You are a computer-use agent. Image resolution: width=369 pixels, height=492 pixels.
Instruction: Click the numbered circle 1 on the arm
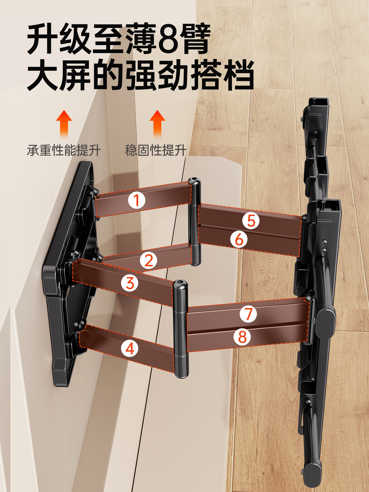point(137,200)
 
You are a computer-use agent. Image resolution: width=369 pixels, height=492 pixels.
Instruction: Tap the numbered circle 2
point(149,261)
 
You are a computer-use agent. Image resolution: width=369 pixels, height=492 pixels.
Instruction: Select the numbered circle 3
point(130,283)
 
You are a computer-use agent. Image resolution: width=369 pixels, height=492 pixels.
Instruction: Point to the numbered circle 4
point(130,348)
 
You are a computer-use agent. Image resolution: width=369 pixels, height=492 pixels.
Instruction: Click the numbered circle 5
point(251,221)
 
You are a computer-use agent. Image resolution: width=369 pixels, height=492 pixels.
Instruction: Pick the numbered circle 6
point(239,239)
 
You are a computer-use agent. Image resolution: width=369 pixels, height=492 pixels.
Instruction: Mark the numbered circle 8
point(242,337)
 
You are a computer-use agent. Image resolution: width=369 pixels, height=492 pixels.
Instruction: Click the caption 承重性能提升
point(64,150)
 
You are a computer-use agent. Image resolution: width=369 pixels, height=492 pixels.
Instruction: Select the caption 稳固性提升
point(156,150)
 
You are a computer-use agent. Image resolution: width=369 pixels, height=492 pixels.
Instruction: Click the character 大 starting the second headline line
point(43,75)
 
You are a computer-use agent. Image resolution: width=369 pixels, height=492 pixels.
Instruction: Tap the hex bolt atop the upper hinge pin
point(194,181)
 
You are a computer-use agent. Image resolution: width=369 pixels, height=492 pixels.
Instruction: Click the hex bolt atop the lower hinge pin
point(180,284)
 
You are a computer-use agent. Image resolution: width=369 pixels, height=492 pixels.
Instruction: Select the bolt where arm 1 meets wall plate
point(93,192)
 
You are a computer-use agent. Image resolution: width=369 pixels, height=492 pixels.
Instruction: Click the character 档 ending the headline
point(238,75)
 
